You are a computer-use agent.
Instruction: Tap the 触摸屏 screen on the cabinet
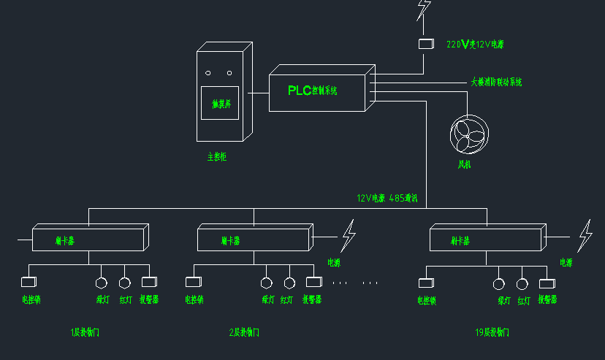221,103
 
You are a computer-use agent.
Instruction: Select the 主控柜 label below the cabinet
217,156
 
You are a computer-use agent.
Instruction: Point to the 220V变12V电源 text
475,44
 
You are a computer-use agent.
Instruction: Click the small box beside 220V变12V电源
426,44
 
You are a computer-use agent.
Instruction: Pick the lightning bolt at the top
423,9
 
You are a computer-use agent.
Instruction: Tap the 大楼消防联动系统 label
496,82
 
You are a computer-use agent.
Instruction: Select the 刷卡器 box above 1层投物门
88,240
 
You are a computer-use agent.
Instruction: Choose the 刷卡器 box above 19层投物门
486,240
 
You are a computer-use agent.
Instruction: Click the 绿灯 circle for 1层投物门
102,282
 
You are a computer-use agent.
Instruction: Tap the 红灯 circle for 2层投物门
289,282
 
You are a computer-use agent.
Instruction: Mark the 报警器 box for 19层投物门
547,283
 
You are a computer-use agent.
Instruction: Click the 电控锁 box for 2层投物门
193,281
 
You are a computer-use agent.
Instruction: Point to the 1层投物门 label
85,332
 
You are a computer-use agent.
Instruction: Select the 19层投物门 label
491,332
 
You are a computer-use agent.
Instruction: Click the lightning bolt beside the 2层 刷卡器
349,236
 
